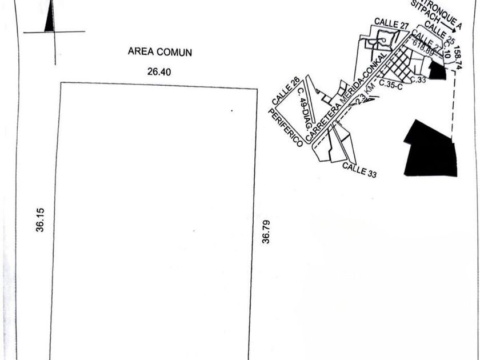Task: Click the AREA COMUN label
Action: coord(159,52)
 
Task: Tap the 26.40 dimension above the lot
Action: coord(159,72)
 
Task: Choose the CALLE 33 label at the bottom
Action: coord(359,170)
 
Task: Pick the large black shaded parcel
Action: coord(431,150)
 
